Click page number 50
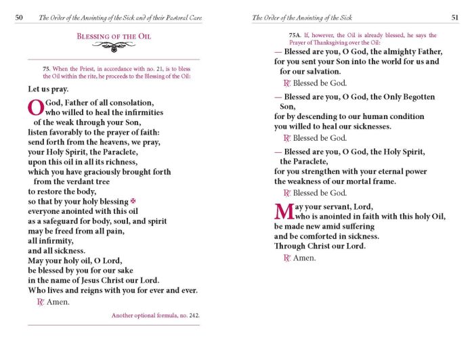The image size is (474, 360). pyautogui.click(x=20, y=17)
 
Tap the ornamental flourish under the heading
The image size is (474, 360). pyautogui.click(x=114, y=47)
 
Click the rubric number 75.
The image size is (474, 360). pyautogui.click(x=46, y=69)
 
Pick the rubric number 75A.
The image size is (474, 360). pyautogui.click(x=295, y=35)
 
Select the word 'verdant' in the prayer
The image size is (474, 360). pyautogui.click(x=75, y=181)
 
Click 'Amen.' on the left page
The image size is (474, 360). pyautogui.click(x=58, y=302)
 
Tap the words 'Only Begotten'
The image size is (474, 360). pyautogui.click(x=409, y=97)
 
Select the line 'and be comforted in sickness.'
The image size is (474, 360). pyautogui.click(x=326, y=236)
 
